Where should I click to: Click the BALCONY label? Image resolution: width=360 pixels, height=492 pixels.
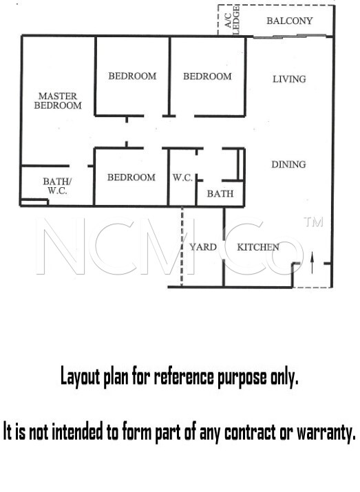point(289,21)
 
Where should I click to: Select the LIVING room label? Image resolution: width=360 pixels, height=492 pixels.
point(289,79)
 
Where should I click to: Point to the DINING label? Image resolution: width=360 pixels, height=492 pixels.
point(288,164)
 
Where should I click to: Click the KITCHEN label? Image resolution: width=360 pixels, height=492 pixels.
point(258,247)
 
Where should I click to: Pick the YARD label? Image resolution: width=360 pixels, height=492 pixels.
point(203,247)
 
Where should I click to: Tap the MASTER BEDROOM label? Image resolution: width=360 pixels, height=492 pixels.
point(58,100)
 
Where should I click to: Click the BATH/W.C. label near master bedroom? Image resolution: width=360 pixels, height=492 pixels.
point(57,186)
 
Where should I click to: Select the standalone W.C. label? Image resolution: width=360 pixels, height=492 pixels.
point(182,178)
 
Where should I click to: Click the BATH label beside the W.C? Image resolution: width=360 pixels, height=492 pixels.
point(220,193)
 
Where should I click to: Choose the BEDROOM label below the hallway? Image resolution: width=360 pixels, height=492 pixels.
point(131,178)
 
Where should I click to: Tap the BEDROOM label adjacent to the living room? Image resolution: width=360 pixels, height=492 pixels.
point(207,76)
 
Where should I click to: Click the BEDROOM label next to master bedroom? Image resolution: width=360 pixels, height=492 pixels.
point(132,76)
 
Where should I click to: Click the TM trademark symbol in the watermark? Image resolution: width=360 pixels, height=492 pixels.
point(313,222)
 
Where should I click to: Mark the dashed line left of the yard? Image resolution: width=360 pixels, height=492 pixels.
point(182,246)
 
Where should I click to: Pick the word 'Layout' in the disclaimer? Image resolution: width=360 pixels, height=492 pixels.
point(81,376)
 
